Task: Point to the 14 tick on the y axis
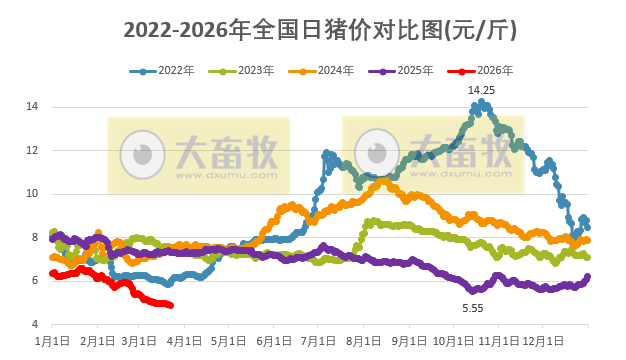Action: click(x=32, y=106)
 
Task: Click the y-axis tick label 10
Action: click(x=32, y=193)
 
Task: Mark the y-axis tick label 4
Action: click(x=35, y=324)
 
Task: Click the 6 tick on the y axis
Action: click(x=35, y=281)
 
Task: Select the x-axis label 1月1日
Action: click(x=52, y=341)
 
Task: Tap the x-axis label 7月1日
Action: click(x=318, y=341)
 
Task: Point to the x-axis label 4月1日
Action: click(x=184, y=341)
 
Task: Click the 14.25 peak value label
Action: click(x=482, y=90)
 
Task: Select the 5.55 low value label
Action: click(x=472, y=308)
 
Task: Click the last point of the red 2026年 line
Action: click(x=171, y=305)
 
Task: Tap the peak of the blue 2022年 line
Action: click(x=482, y=101)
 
